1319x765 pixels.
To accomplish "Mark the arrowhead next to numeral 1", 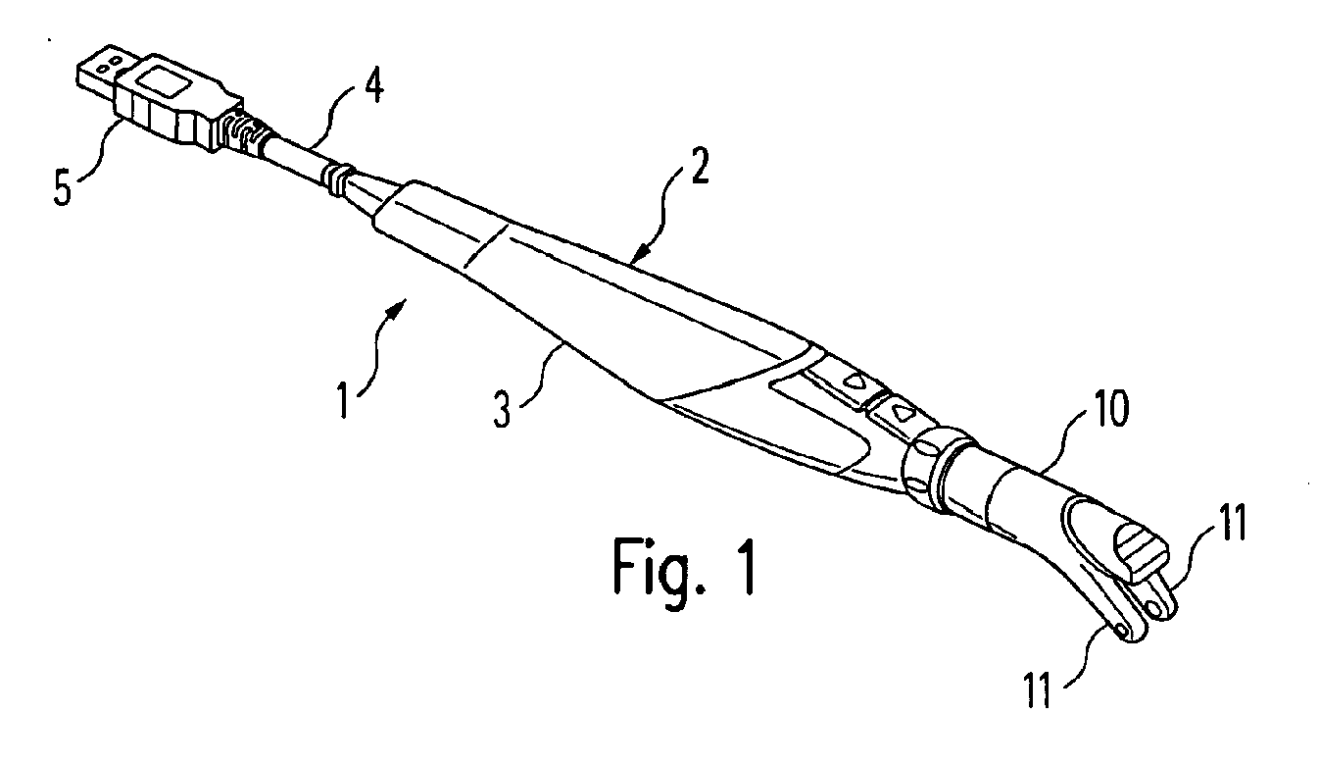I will (399, 311).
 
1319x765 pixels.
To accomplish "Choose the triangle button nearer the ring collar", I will (894, 409).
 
